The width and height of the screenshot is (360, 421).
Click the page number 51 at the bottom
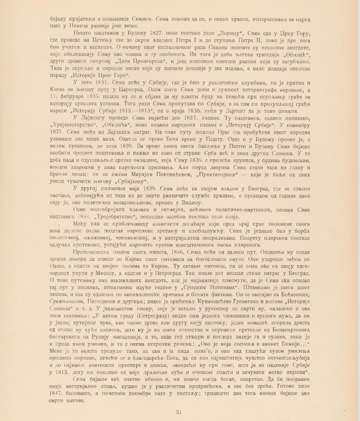point(180,411)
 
